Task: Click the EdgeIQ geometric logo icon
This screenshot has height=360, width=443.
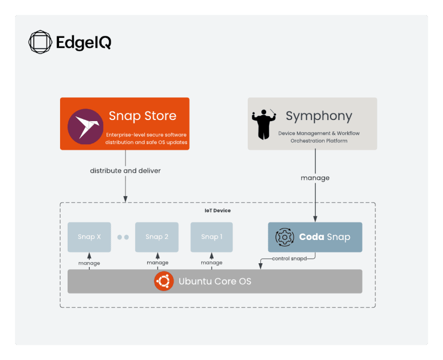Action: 40,42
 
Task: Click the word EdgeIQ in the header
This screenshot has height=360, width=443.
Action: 84,43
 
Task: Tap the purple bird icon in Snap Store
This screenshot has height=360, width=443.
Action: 85,126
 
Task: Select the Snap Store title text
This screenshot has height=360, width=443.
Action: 143,116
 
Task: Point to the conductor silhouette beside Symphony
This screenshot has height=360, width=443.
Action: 263,124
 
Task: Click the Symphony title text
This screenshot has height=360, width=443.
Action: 319,116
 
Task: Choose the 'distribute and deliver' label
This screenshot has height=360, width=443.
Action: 125,171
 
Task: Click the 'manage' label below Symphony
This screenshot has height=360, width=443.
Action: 315,178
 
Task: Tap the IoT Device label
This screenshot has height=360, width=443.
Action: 217,211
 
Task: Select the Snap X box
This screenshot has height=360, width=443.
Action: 89,237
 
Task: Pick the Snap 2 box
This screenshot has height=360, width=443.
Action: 157,237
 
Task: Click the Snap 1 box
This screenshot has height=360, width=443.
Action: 211,237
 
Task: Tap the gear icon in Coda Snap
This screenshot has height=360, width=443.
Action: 285,237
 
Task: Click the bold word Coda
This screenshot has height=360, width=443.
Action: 312,237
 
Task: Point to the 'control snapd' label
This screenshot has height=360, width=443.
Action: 289,258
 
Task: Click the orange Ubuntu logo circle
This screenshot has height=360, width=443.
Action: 164,281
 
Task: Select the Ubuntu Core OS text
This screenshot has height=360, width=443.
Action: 215,281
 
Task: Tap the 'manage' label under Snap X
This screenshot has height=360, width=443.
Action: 89,263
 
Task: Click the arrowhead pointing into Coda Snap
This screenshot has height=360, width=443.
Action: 315,219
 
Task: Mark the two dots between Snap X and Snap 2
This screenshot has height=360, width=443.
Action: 123,237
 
